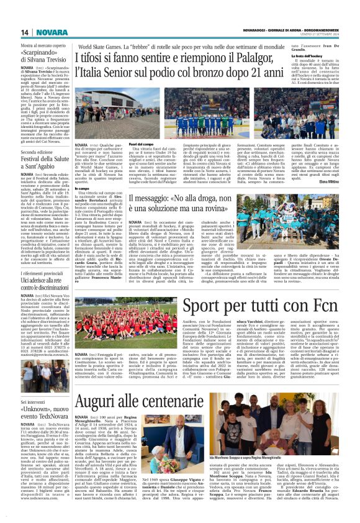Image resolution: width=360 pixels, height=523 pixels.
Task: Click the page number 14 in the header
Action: (25, 32)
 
